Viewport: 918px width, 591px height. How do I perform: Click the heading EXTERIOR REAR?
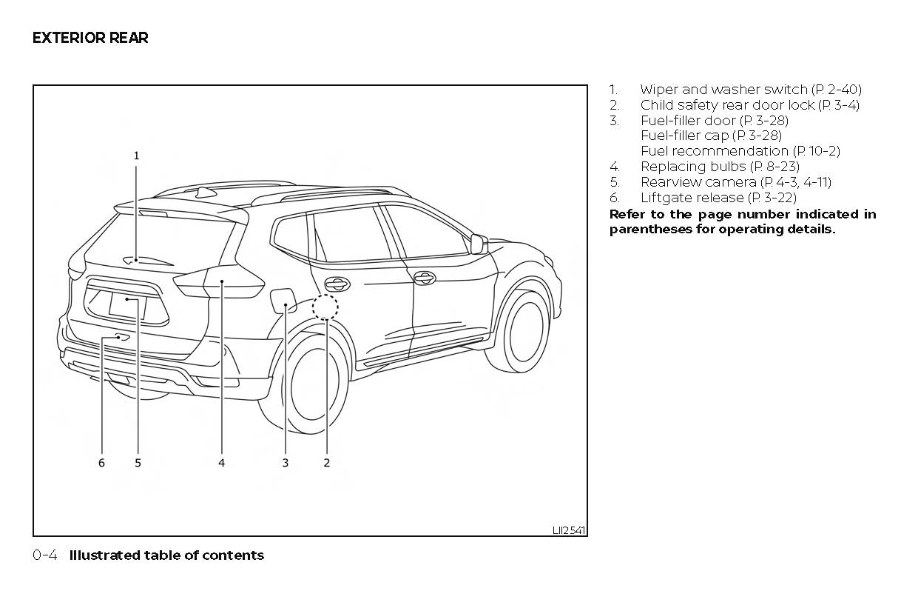click(90, 38)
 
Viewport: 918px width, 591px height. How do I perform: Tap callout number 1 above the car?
click(136, 156)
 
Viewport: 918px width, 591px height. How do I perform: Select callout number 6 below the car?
click(101, 463)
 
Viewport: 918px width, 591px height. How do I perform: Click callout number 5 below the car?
click(138, 463)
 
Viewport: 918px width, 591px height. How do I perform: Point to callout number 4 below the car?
click(221, 463)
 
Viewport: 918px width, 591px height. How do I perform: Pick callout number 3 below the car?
click(285, 463)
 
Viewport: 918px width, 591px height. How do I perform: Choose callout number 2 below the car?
click(326, 463)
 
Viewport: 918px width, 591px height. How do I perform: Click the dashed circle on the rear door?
click(325, 306)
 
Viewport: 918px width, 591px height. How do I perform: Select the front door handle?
click(424, 278)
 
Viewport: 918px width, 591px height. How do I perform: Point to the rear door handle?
click(337, 284)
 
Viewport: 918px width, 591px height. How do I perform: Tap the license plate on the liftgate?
click(127, 304)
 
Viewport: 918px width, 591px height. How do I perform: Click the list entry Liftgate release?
click(718, 198)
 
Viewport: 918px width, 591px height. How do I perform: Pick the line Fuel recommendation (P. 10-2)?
click(740, 151)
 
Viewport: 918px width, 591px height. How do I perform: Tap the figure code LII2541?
click(568, 530)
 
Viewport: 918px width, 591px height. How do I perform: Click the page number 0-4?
click(44, 555)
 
